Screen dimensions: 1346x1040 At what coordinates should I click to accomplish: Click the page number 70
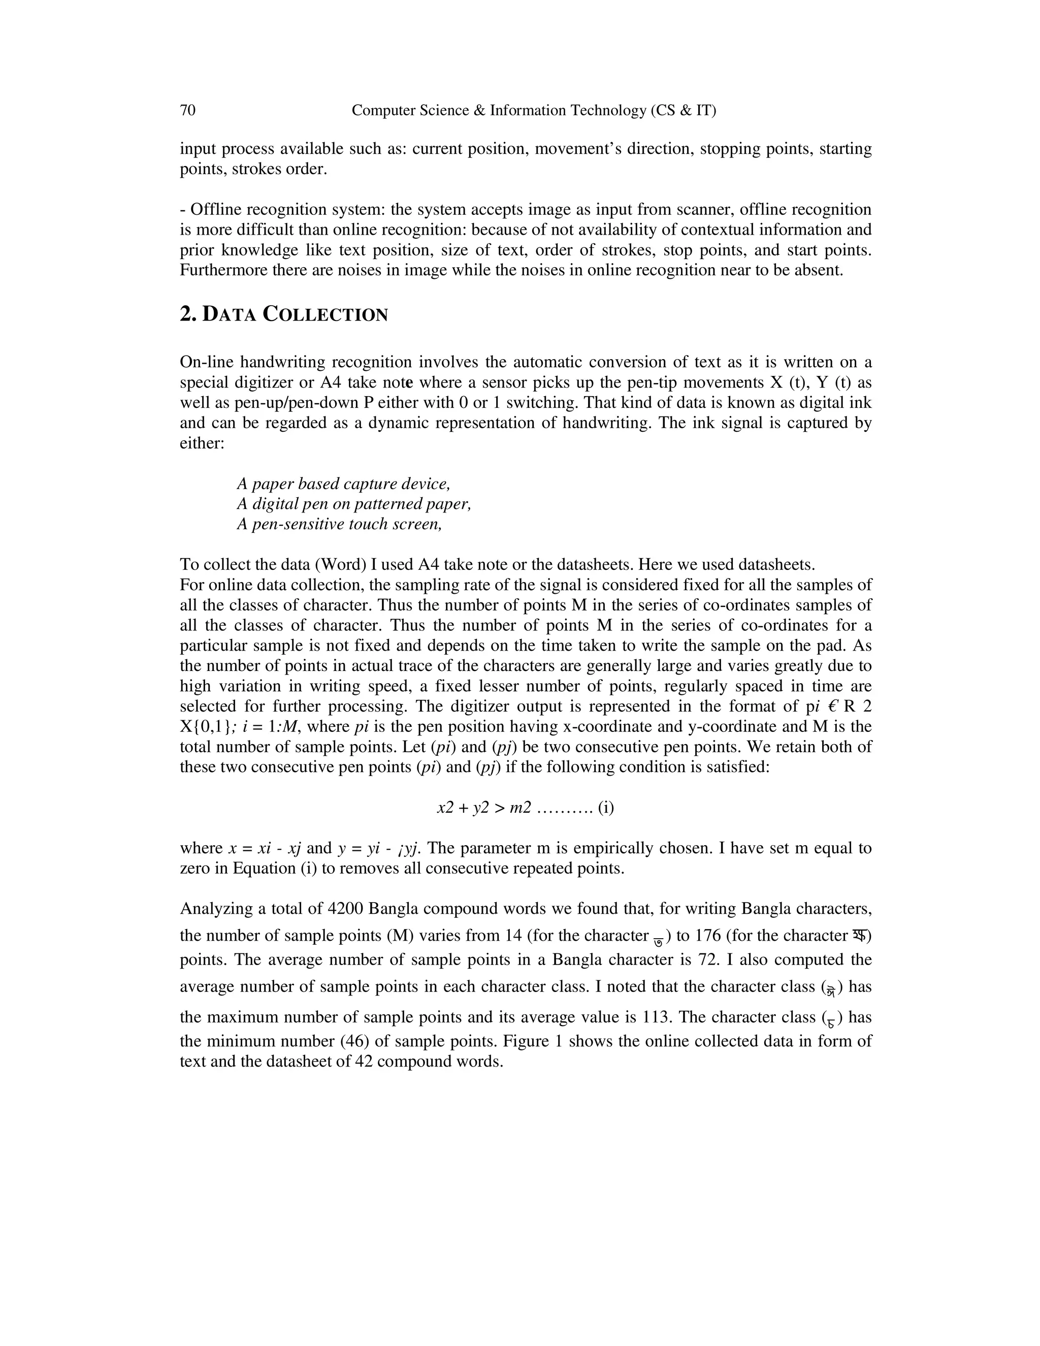(x=187, y=110)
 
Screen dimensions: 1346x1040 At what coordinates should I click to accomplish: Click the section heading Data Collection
(x=283, y=314)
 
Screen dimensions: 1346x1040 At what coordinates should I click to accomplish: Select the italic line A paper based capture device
(x=343, y=483)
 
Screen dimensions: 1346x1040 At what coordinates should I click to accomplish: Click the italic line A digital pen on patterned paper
(x=353, y=503)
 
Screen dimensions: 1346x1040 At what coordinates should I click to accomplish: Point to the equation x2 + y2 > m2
(x=483, y=808)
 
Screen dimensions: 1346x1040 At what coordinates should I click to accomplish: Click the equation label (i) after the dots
(x=606, y=808)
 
